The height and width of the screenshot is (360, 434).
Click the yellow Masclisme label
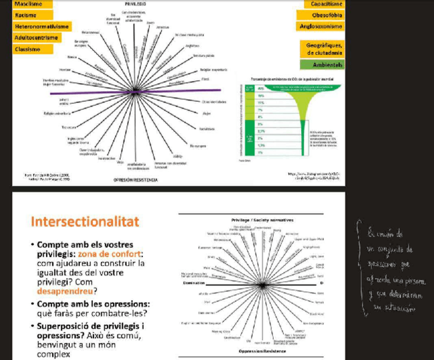(x=28, y=4)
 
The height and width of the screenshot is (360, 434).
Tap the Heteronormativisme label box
(x=41, y=27)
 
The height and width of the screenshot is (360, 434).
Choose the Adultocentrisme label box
(x=36, y=38)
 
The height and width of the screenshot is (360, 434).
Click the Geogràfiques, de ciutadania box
(x=322, y=49)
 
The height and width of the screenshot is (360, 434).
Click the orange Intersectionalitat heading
(x=84, y=222)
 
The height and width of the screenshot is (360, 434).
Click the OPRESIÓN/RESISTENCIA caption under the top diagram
(x=135, y=181)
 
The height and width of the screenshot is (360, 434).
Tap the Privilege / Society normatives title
(x=263, y=220)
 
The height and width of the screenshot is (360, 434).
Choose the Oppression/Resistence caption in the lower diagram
(x=261, y=352)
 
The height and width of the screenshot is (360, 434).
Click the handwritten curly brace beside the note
(x=360, y=267)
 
